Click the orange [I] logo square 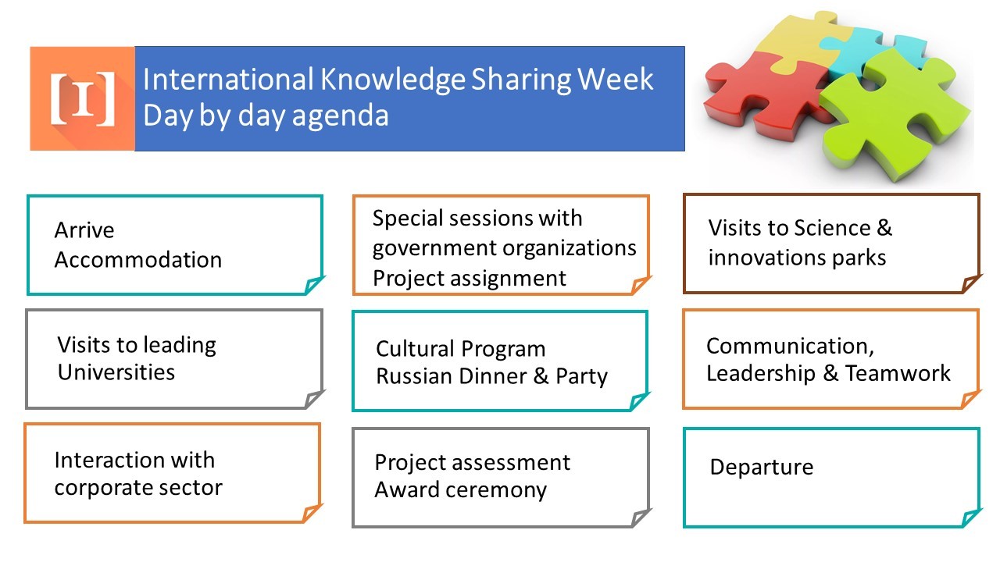click(82, 98)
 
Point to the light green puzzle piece click(898, 117)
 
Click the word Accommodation click(138, 260)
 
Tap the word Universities click(116, 372)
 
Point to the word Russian click(412, 376)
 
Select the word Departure click(762, 468)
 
